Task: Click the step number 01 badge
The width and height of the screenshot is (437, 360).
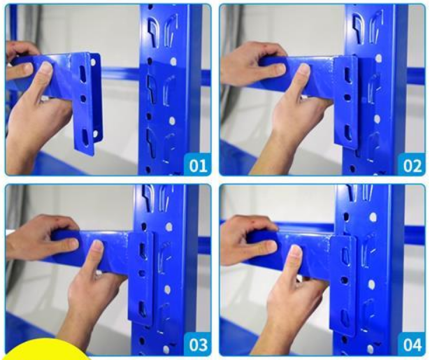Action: click(x=198, y=165)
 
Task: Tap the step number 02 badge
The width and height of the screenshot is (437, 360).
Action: click(x=412, y=165)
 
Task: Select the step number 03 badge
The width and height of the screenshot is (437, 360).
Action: click(x=198, y=345)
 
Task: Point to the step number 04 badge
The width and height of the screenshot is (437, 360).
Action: click(x=412, y=345)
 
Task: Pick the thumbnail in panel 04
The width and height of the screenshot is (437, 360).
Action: click(x=296, y=251)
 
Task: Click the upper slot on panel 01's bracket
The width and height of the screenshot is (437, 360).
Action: click(x=84, y=74)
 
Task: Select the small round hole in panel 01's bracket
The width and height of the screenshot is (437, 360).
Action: click(x=83, y=98)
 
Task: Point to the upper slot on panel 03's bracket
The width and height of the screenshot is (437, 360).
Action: click(x=142, y=249)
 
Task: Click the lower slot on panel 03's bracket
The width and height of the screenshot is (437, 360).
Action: click(x=143, y=308)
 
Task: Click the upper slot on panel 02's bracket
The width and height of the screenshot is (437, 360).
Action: click(x=347, y=73)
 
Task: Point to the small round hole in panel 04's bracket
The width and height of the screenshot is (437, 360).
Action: click(x=345, y=280)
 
